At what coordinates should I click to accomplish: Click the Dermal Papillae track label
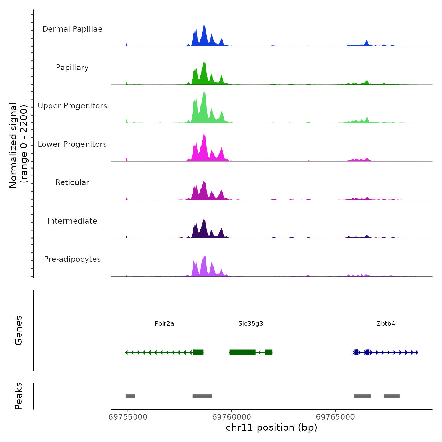click(72, 29)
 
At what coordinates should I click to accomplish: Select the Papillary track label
click(72, 68)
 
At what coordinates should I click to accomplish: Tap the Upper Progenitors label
click(72, 106)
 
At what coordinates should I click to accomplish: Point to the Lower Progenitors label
click(72, 144)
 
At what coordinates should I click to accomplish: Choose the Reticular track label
click(72, 182)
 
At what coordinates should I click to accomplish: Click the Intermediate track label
click(72, 221)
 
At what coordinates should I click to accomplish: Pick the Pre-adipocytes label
click(72, 259)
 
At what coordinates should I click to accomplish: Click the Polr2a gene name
click(164, 323)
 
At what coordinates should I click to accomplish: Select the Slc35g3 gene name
click(251, 323)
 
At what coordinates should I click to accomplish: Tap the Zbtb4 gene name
click(386, 323)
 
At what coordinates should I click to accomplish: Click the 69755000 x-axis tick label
click(128, 417)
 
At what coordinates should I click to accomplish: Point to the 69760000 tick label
click(232, 417)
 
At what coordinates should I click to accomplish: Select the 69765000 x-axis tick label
click(335, 417)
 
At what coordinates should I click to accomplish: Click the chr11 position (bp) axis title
click(272, 427)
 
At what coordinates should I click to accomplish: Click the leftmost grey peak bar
click(130, 396)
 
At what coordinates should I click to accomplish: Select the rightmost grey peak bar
click(391, 396)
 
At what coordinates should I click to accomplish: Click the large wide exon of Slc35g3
click(242, 352)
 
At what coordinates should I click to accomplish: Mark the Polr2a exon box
click(198, 352)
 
